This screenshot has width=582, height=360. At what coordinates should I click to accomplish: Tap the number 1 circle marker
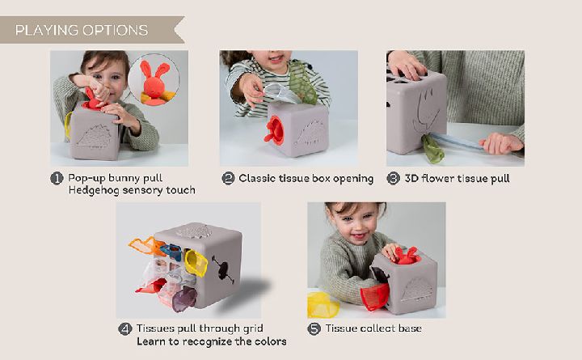[57, 178]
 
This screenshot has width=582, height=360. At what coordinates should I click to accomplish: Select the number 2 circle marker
[228, 178]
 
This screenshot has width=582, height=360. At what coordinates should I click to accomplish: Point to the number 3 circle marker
[394, 178]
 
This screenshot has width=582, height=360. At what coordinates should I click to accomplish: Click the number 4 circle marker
[125, 328]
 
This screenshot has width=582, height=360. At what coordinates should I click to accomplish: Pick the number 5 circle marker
[314, 328]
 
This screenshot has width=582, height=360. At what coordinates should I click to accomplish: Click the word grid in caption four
[253, 328]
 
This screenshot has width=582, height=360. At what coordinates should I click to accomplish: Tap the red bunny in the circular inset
[154, 83]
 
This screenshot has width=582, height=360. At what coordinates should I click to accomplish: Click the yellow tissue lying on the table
[323, 304]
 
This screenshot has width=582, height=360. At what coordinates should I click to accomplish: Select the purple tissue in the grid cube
[184, 299]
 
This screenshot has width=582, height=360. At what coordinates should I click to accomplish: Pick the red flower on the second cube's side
[274, 130]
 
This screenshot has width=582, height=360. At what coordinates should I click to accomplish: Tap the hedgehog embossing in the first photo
[95, 137]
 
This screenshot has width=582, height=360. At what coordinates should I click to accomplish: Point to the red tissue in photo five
[375, 296]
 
